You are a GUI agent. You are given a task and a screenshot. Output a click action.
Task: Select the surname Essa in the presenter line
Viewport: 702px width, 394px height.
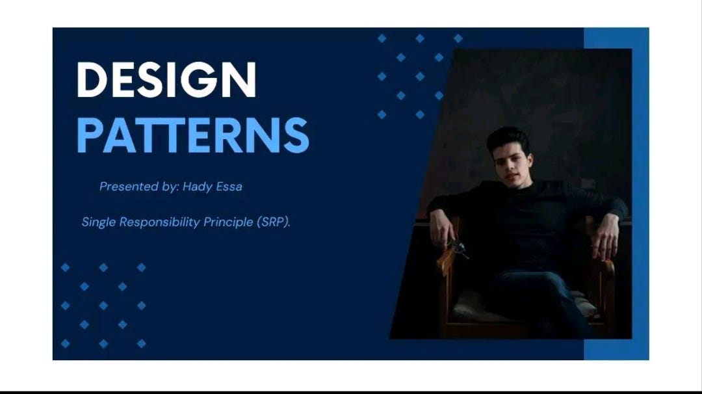point(229,187)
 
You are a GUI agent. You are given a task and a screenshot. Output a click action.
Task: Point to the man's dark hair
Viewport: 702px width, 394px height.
point(508,138)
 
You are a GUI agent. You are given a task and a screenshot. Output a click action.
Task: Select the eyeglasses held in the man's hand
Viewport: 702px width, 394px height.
point(457,247)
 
